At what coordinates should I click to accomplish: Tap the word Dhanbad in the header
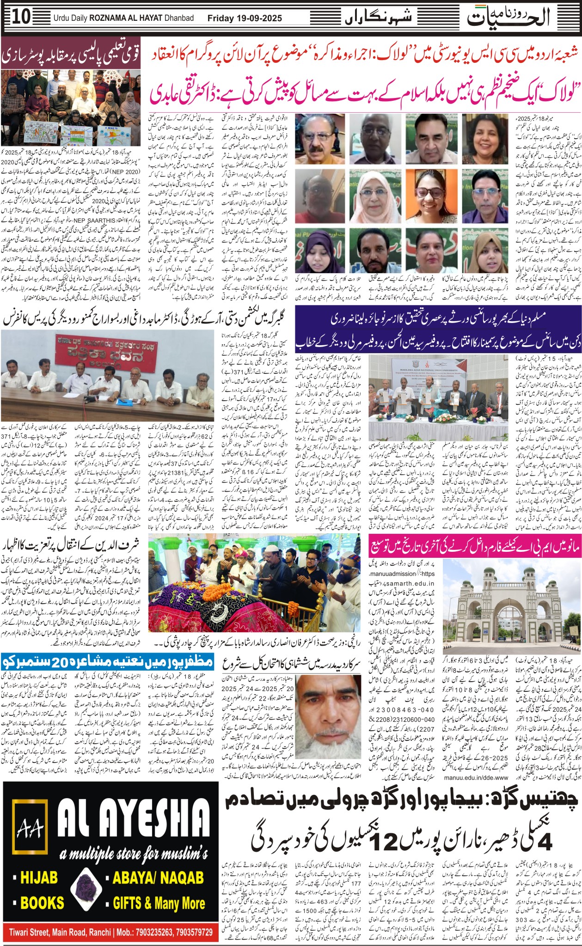pos(178,18)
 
